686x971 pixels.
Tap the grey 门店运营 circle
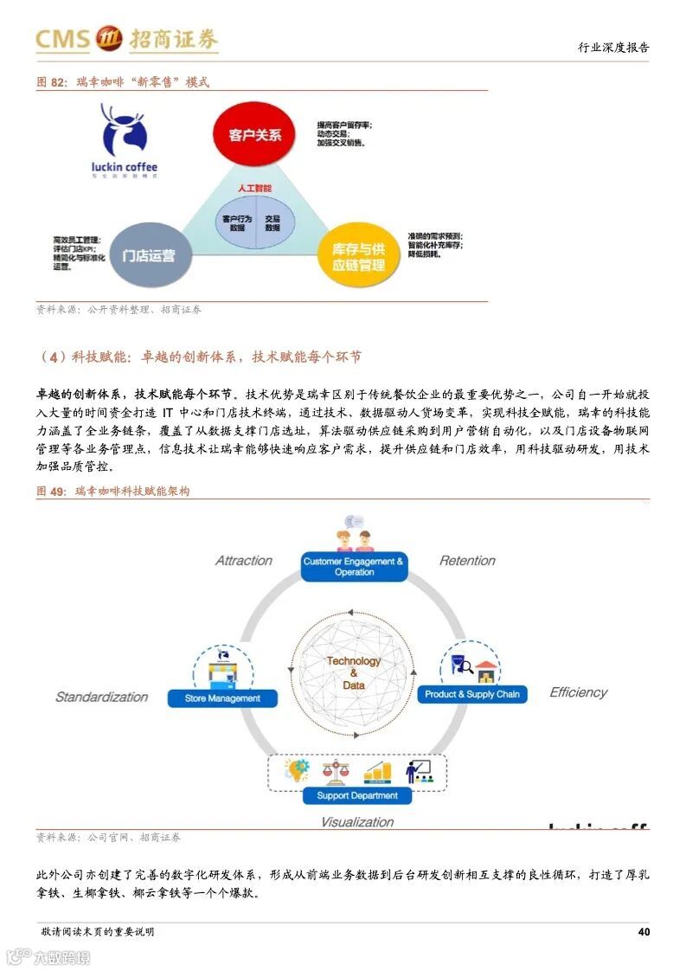[148, 255]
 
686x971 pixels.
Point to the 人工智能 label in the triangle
[254, 188]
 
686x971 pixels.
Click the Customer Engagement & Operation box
[353, 567]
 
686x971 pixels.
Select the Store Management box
[221, 698]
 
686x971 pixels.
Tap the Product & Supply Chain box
[471, 694]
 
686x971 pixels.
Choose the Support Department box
[356, 795]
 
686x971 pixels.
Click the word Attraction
[243, 561]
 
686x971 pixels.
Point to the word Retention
[467, 561]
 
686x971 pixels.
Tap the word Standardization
[101, 697]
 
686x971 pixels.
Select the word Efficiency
[578, 692]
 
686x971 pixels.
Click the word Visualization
[356, 822]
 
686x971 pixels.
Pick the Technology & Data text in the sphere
[353, 672]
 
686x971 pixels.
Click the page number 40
[643, 932]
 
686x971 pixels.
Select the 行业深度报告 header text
[613, 48]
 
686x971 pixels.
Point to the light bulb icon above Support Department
[298, 768]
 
